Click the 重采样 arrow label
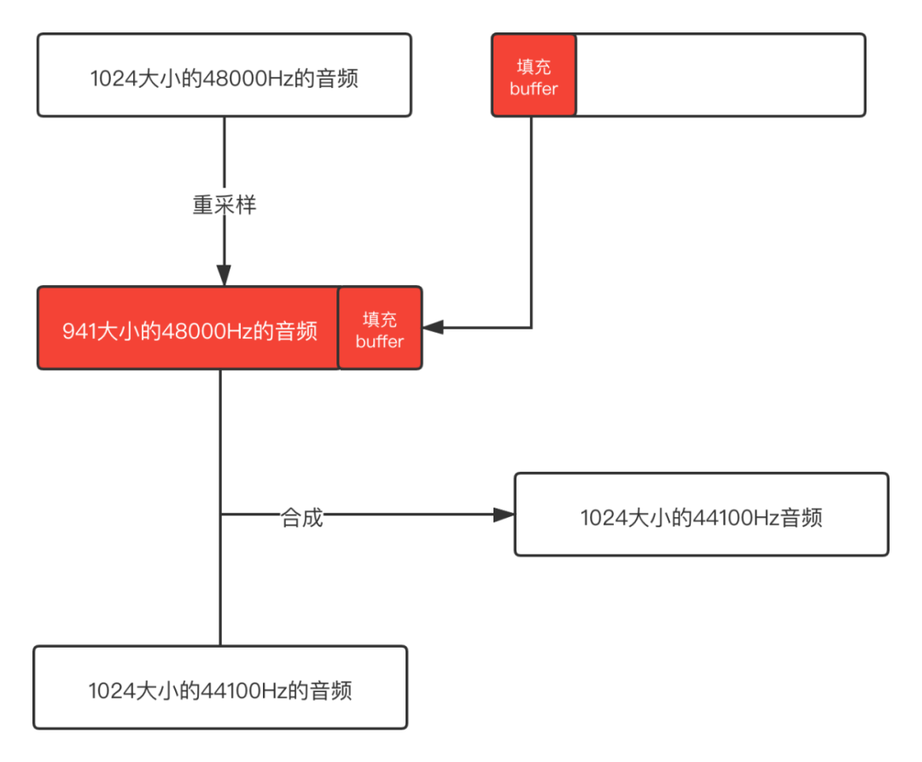[x=225, y=205]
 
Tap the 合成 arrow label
[x=302, y=517]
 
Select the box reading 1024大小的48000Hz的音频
[x=224, y=75]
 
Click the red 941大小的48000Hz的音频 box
[x=189, y=329]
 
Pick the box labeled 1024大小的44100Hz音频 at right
[x=701, y=515]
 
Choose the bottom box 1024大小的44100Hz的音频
[x=220, y=688]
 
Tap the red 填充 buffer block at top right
[x=534, y=76]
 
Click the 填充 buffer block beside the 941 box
[x=380, y=329]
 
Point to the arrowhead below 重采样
[x=224, y=275]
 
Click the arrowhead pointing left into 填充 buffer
[x=434, y=327]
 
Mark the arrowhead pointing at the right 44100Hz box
[x=504, y=515]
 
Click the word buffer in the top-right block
[x=534, y=89]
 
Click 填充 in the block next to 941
[x=380, y=319]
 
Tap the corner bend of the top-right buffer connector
[x=532, y=327]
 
